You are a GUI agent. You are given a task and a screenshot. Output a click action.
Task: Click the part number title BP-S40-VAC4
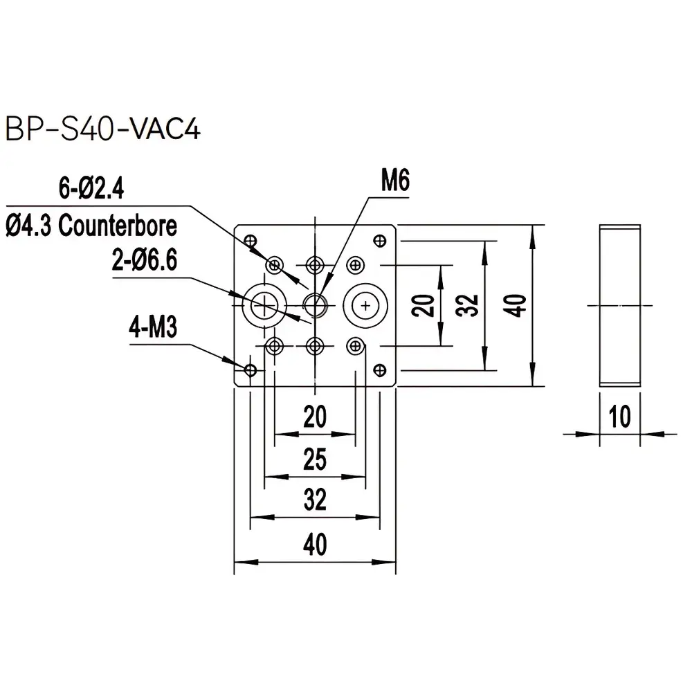(x=102, y=129)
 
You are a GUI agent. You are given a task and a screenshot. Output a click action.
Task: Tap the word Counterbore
(x=118, y=226)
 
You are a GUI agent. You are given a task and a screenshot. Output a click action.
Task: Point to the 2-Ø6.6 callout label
(x=145, y=262)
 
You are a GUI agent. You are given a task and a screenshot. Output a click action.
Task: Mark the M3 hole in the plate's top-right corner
(x=379, y=240)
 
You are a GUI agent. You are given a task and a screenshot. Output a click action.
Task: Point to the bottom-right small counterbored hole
(x=356, y=345)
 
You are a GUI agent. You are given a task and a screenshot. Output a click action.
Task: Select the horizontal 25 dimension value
(x=315, y=459)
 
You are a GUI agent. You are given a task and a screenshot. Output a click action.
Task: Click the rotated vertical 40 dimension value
(x=517, y=304)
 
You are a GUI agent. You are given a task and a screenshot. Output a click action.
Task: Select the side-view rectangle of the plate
(x=620, y=305)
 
